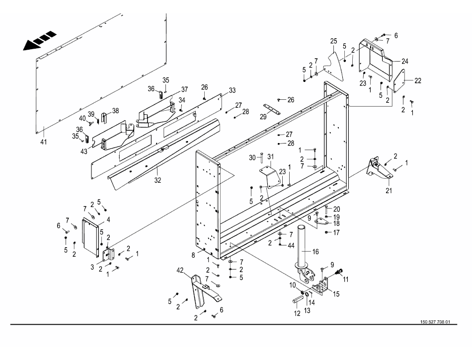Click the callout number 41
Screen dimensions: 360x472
(x=44, y=142)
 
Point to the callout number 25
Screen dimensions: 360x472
(x=333, y=41)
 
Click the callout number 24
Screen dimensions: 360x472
(x=405, y=61)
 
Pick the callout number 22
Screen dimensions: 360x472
(x=417, y=80)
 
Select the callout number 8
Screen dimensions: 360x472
(x=193, y=255)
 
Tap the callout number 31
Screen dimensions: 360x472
(x=270, y=157)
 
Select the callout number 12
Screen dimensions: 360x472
(x=297, y=313)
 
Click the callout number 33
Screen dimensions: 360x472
(x=232, y=90)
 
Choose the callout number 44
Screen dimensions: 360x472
(x=291, y=245)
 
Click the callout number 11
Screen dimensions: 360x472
(x=346, y=279)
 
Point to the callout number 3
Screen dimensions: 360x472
(x=93, y=267)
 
